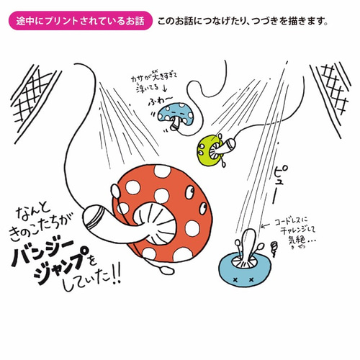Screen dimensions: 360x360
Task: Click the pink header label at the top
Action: (x=79, y=21)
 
